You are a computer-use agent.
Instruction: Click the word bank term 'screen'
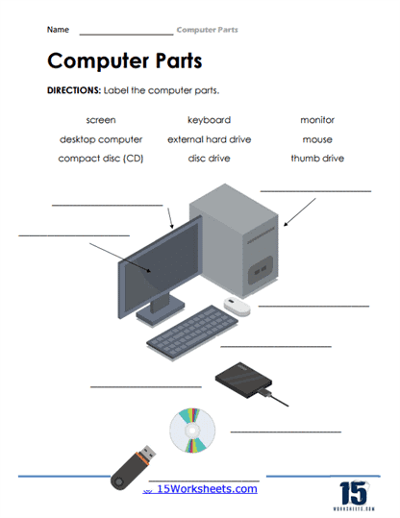100,120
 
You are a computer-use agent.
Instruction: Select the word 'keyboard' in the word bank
209,120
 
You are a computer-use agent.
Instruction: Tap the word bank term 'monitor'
317,120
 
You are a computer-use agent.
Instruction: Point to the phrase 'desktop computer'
100,139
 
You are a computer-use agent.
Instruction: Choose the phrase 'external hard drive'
209,139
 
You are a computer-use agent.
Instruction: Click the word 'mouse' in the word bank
317,139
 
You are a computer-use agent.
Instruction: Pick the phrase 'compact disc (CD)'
100,159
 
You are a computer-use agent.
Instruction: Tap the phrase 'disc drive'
209,159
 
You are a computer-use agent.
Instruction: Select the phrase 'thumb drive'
317,159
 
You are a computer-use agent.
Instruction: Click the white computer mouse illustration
237,306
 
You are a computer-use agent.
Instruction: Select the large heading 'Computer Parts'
124,61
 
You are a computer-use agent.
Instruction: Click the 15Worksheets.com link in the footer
206,489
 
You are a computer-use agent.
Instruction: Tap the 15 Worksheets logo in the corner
354,491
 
